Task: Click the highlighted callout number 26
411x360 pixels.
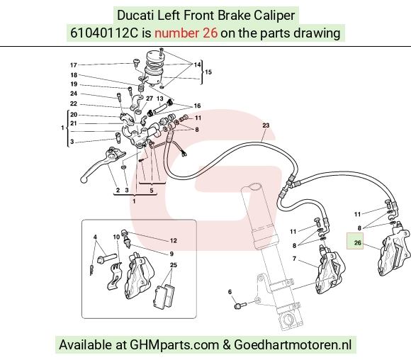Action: [358, 243]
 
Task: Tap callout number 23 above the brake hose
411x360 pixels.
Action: [266, 125]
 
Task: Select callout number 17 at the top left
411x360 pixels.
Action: [74, 65]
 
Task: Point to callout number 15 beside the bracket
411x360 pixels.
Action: [208, 72]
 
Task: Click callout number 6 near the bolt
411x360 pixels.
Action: [230, 292]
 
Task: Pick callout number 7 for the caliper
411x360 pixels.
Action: [294, 259]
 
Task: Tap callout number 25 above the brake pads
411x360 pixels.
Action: [174, 265]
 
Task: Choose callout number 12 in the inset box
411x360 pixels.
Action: [174, 240]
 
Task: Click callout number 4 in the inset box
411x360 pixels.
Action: [95, 237]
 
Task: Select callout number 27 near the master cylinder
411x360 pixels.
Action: [150, 99]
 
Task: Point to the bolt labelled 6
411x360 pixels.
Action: [240, 305]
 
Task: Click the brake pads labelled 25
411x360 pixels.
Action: [164, 296]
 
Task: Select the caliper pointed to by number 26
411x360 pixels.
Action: [395, 249]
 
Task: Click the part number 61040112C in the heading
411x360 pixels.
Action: [104, 33]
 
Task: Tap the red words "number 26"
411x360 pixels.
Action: [186, 33]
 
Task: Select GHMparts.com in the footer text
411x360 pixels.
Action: [174, 345]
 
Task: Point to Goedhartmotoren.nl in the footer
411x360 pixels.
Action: [293, 345]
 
